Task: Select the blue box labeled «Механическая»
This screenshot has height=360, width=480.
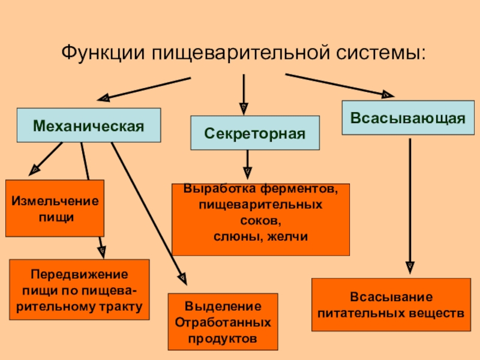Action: (88, 125)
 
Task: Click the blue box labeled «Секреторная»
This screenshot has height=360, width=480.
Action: (255, 133)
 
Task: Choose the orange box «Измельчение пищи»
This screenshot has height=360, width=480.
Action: (55, 208)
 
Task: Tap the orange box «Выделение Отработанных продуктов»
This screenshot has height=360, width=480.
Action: (223, 322)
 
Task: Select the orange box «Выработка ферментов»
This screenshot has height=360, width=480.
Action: (260, 219)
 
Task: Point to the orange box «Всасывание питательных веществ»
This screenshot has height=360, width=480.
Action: (391, 305)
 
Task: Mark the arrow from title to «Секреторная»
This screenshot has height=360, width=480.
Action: (244, 93)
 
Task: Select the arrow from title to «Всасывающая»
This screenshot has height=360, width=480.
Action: (339, 85)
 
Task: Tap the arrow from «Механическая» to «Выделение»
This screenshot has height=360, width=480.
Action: (147, 210)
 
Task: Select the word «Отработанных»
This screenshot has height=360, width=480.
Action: (223, 322)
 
